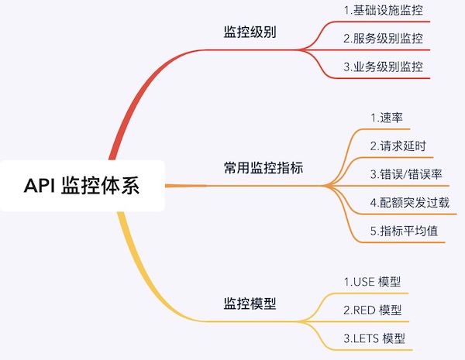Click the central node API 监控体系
[x=82, y=186]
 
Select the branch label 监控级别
[x=250, y=34]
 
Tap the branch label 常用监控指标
[x=263, y=168]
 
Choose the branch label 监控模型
[x=250, y=304]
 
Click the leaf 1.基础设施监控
[x=384, y=11]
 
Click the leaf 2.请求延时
[x=398, y=146]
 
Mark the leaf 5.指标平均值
[x=402, y=230]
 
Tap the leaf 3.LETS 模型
[x=374, y=338]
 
